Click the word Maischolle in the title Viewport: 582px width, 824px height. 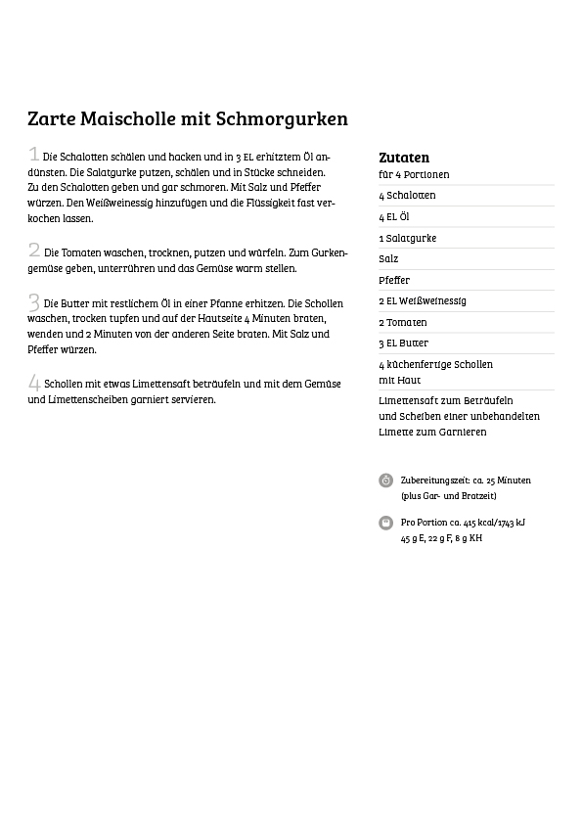(119, 119)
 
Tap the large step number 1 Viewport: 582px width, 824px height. (34, 154)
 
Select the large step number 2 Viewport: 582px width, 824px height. (34, 250)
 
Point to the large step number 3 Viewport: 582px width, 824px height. (34, 301)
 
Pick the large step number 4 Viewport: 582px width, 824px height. (34, 383)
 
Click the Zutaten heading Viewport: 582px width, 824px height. (404, 157)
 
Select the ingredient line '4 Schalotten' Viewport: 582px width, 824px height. (407, 195)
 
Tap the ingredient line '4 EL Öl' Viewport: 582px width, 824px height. (394, 216)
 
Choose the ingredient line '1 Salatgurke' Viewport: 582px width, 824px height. (408, 238)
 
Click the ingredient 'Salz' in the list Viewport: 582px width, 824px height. (388, 258)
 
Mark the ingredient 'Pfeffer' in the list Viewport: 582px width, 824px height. (393, 280)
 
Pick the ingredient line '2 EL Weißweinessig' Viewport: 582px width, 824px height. (423, 300)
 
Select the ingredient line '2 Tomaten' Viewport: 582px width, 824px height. (403, 322)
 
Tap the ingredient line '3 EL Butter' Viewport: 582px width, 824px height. (404, 343)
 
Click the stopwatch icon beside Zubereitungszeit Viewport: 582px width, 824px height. (386, 481)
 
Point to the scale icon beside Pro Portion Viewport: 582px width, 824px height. (386, 523)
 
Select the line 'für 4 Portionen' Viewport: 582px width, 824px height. (414, 174)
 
